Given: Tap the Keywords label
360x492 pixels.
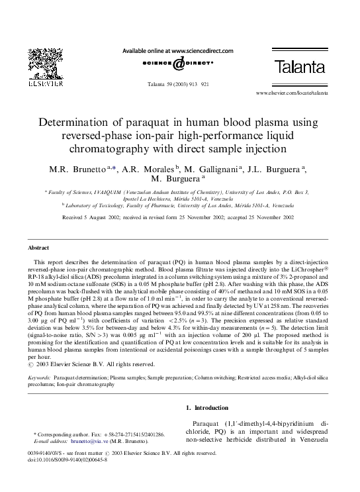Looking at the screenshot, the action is tap(39, 377).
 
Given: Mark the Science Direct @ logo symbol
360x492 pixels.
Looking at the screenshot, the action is tap(178, 64).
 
